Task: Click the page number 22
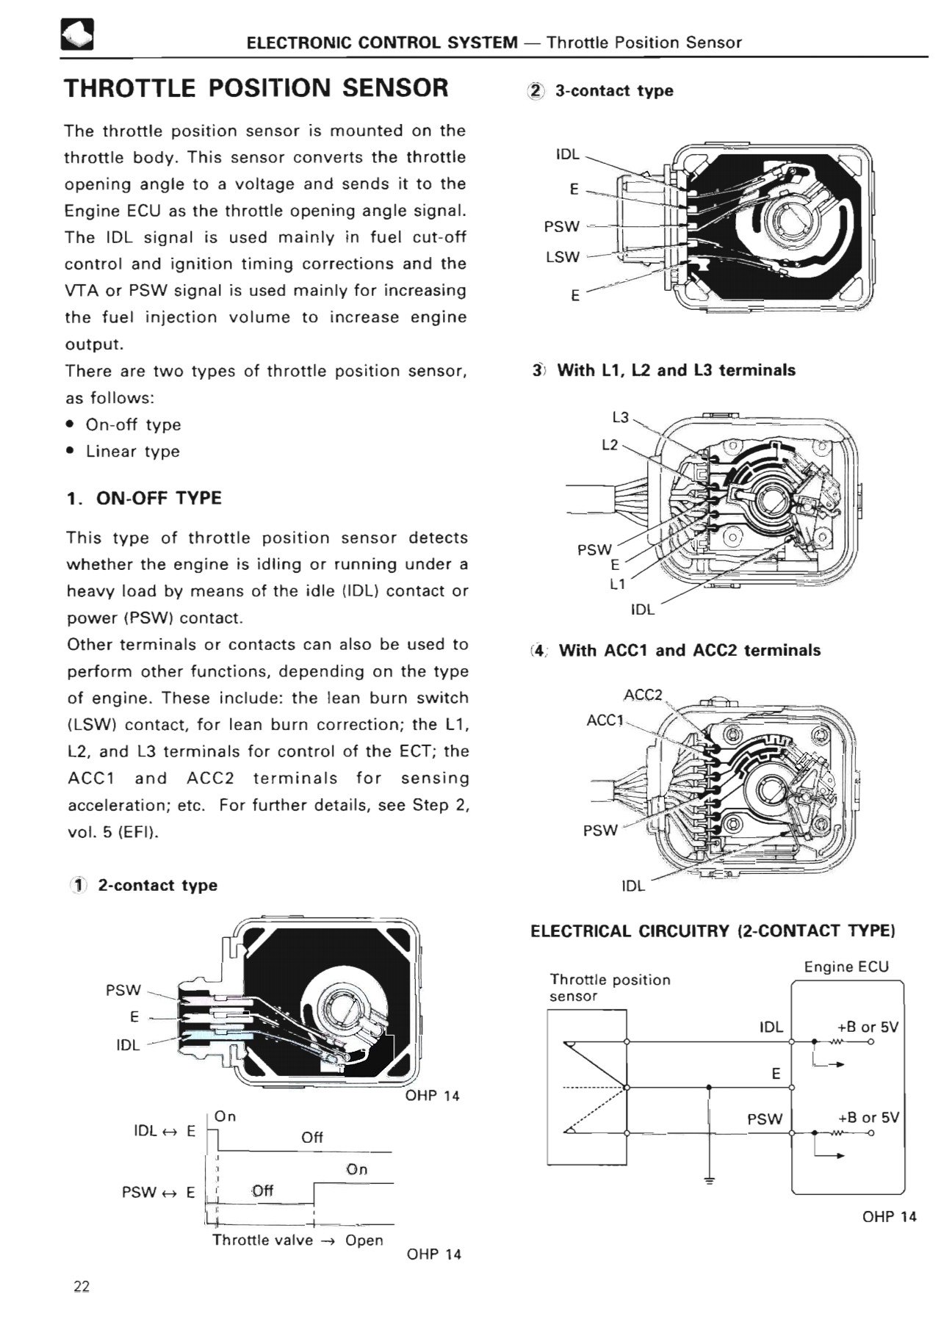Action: point(82,1286)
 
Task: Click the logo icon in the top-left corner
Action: point(77,35)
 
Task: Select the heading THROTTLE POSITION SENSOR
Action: point(256,88)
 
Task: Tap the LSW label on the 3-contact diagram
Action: point(563,257)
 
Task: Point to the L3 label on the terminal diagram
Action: point(621,417)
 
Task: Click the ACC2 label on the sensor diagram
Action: point(643,695)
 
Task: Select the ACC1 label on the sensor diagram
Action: point(605,720)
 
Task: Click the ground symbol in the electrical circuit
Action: point(709,1180)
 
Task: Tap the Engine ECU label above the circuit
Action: point(846,967)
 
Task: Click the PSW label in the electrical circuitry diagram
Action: point(765,1119)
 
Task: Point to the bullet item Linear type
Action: point(132,452)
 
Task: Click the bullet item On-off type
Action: point(133,425)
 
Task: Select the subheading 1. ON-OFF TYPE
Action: point(144,498)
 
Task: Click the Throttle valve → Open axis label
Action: point(298,1240)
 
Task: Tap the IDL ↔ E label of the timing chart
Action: point(164,1131)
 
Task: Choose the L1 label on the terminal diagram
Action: point(618,585)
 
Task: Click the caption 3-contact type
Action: point(614,91)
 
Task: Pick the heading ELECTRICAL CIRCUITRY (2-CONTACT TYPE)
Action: point(713,931)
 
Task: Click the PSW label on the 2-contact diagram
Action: point(123,990)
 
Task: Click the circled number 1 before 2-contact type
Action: point(79,886)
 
